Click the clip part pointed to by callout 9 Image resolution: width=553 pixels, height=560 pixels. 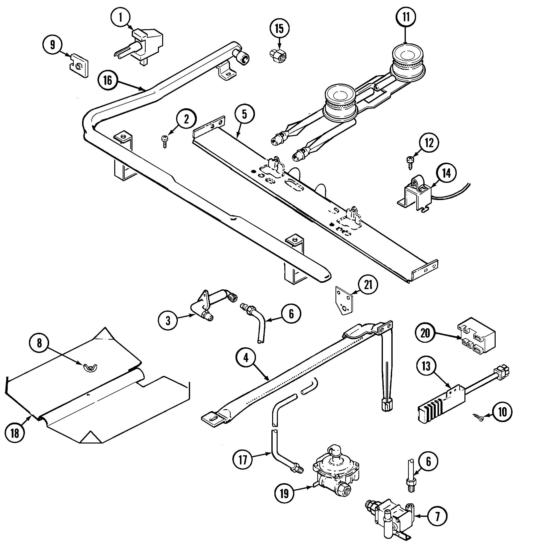[79, 65]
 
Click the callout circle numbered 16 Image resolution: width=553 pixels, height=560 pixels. [108, 80]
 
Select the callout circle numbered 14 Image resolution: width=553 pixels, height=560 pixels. [446, 173]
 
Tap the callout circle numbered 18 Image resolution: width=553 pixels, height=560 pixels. [15, 433]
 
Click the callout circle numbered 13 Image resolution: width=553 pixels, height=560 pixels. [426, 366]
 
